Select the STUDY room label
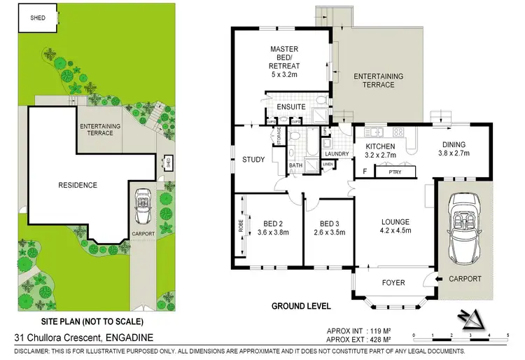(253, 160)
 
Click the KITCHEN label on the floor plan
(381, 146)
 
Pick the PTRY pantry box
(386, 171)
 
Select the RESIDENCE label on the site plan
(78, 186)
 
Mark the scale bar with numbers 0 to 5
(460, 337)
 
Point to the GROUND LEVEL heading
(300, 306)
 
